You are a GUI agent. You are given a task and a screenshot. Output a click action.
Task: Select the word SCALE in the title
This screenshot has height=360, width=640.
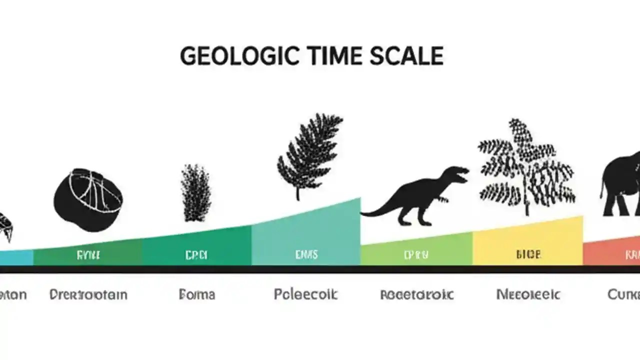(407, 56)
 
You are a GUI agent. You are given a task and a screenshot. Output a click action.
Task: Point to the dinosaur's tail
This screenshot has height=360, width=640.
(375, 212)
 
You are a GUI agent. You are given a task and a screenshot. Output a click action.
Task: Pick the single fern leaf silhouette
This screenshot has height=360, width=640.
(308, 152)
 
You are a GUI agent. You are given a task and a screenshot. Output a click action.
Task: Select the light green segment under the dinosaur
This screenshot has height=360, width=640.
(416, 252)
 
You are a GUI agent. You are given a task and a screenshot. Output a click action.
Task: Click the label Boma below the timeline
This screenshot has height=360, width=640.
(197, 294)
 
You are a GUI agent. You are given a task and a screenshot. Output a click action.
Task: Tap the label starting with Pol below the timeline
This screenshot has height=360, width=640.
(305, 294)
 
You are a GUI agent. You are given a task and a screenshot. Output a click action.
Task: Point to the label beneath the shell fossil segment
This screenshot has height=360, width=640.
(88, 294)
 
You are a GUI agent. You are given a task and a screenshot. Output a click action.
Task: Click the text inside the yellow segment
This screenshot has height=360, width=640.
(528, 254)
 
